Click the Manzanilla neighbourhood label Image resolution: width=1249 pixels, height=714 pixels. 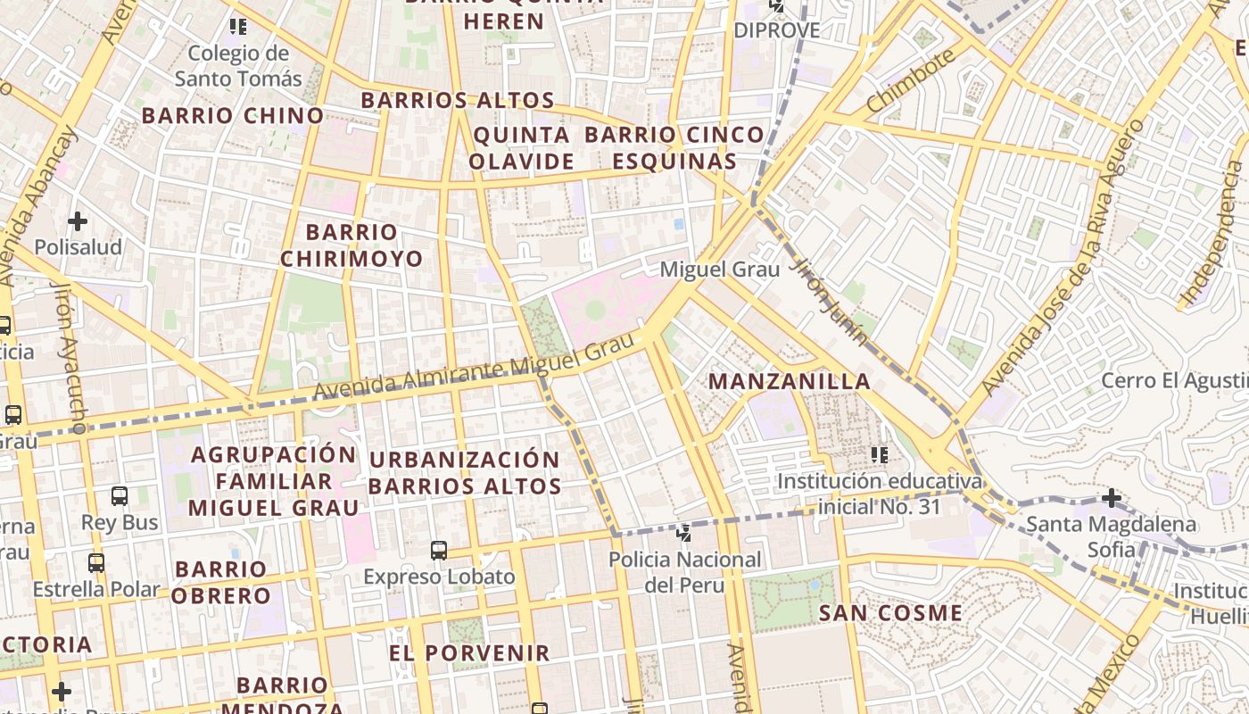[x=789, y=382]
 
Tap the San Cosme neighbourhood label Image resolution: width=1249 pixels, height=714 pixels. [x=890, y=613]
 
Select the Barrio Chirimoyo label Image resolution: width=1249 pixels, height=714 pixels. [x=352, y=245]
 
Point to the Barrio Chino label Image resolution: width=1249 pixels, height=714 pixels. [x=232, y=115]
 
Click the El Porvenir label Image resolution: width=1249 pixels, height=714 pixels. [x=469, y=653]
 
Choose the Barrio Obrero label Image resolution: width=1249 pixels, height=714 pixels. [x=221, y=582]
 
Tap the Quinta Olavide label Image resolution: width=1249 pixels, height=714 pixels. [x=521, y=148]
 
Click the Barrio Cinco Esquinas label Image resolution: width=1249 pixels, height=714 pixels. [x=674, y=148]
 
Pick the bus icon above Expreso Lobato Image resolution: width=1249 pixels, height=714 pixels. [x=438, y=550]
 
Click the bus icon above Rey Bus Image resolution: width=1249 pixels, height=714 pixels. [x=120, y=496]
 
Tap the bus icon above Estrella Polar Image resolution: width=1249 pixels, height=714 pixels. [x=95, y=563]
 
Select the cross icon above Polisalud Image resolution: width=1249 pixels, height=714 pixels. [x=78, y=220]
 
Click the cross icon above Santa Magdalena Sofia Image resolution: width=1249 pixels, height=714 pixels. [x=1111, y=497]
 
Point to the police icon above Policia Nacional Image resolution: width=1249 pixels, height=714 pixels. [x=684, y=534]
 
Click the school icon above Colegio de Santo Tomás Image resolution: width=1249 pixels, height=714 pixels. [x=237, y=27]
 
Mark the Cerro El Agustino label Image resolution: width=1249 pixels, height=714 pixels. [x=1174, y=381]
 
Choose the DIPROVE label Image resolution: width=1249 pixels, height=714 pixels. [x=776, y=30]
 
